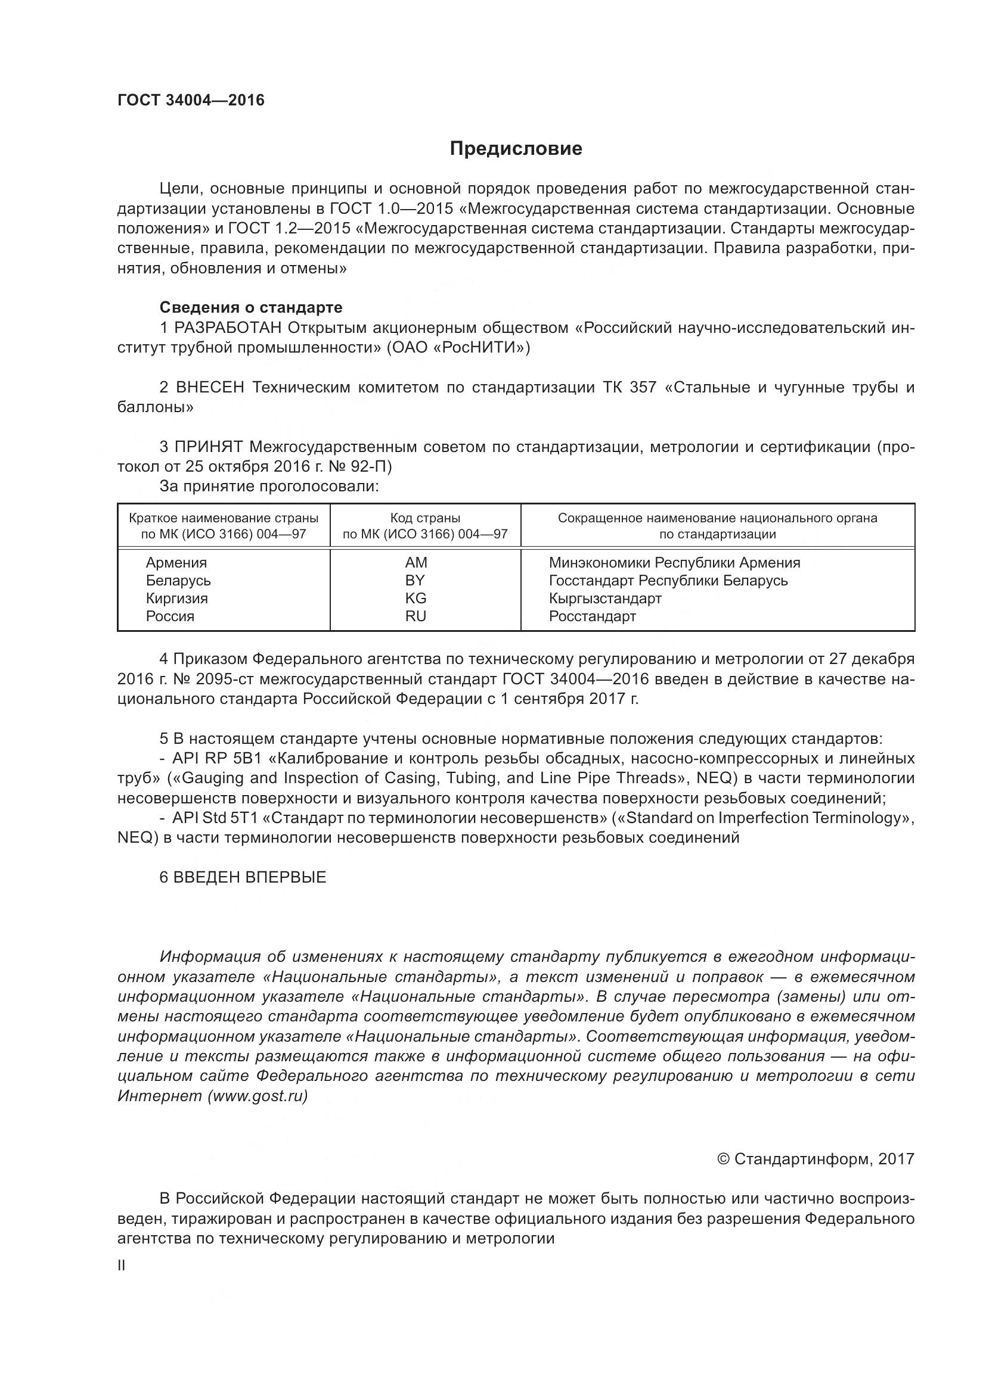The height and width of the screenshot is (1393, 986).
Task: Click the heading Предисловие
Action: [516, 149]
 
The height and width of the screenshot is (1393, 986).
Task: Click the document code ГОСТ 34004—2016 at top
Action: [191, 100]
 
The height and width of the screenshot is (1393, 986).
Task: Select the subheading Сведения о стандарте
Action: [251, 307]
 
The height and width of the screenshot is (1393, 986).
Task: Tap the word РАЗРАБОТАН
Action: [228, 328]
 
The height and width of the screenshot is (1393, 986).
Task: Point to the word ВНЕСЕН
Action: [209, 387]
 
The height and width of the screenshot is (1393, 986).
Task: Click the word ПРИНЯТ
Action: [208, 447]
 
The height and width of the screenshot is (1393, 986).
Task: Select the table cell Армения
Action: [176, 562]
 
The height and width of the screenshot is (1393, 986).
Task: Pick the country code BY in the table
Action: [416, 580]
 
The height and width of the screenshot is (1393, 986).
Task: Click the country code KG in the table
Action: [416, 598]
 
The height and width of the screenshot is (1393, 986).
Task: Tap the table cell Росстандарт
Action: [592, 616]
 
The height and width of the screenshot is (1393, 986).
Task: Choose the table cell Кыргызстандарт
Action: [604, 598]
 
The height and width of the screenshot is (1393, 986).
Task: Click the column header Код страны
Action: [425, 518]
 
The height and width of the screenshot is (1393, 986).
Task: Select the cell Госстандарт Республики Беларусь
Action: [668, 581]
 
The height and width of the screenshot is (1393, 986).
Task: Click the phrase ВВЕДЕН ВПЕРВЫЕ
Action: [250, 877]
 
